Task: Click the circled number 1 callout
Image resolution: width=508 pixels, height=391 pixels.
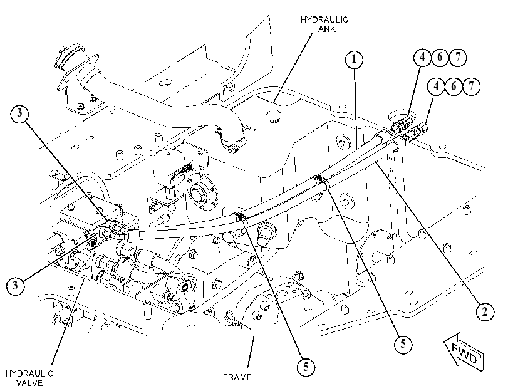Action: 354,60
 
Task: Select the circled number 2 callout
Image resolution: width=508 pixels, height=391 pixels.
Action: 485,311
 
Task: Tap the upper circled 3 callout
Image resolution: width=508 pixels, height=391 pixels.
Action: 19,113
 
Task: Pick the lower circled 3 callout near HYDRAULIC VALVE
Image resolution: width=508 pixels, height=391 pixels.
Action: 15,286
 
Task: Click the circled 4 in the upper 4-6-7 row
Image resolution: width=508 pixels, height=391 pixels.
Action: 422,58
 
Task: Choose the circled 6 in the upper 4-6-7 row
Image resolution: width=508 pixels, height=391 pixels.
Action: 440,58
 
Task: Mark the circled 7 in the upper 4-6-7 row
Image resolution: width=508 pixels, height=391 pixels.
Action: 457,58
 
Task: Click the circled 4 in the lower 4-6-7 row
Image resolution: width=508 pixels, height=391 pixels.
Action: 437,86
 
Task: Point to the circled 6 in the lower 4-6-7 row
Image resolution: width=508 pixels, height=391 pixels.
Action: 454,86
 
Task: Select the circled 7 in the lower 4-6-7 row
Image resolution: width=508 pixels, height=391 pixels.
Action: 472,86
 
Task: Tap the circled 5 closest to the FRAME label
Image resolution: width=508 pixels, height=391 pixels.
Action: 306,367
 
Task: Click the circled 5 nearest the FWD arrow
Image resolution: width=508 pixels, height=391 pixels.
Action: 403,343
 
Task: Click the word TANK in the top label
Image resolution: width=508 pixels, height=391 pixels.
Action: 324,29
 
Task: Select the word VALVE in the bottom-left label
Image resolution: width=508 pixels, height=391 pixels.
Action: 29,383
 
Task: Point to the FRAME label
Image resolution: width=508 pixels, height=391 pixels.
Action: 237,377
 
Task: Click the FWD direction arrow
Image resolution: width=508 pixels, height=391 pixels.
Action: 464,352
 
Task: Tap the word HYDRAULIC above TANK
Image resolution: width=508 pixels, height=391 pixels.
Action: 324,19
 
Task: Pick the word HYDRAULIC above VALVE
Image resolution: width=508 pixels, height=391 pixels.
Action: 29,373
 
